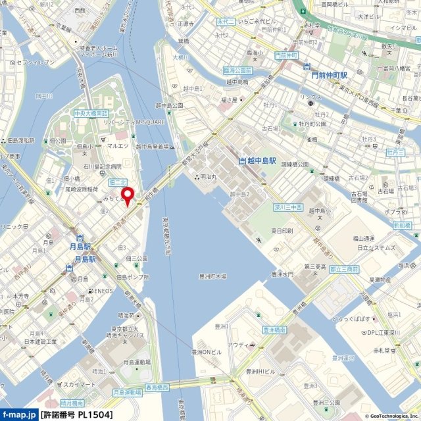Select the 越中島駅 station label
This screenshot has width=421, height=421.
pyautogui.click(x=258, y=161)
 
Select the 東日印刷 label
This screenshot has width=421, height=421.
pyautogui.click(x=282, y=231)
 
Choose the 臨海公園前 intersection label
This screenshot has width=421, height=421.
pyautogui.click(x=237, y=70)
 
